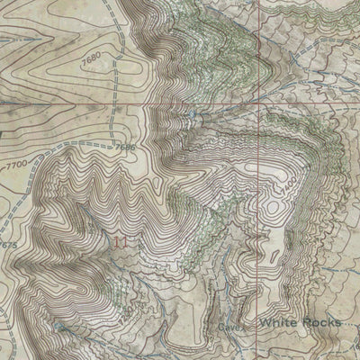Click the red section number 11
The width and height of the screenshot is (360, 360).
pyautogui.click(x=122, y=240)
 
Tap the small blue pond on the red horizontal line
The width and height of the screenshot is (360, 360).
pyautogui.click(x=193, y=114)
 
